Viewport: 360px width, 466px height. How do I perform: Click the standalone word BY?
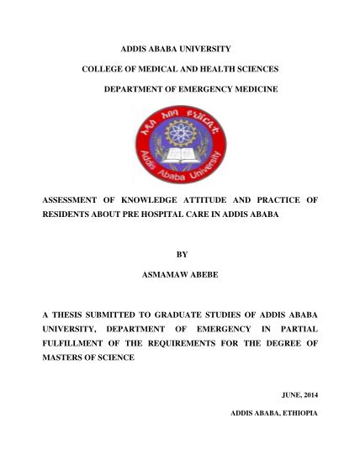[x=180, y=253]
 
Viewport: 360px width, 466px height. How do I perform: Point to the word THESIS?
[x=77, y=314]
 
